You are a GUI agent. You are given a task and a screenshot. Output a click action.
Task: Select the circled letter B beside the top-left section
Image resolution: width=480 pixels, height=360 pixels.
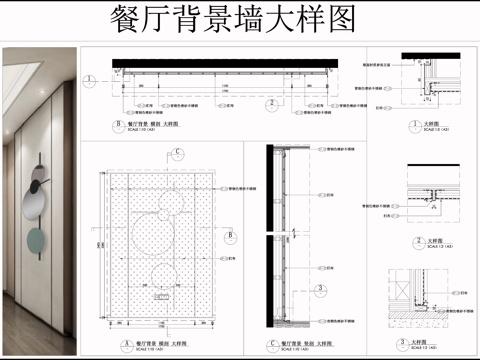pos(119,126)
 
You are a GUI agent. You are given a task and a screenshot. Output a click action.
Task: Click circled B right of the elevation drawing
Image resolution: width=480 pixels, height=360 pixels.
pos(232,236)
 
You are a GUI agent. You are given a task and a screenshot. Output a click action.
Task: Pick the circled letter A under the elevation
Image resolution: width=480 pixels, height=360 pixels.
pos(126,339)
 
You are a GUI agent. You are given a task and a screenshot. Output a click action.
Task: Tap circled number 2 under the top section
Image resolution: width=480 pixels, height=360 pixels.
pos(270,101)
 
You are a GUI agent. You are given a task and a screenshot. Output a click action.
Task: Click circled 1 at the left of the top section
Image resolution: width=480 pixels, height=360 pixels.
pos(90,77)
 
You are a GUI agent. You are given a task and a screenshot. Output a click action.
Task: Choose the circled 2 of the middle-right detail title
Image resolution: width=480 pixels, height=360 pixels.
pos(418,241)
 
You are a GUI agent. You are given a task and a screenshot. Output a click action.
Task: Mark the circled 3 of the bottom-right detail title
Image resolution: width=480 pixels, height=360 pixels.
pos(419,341)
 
